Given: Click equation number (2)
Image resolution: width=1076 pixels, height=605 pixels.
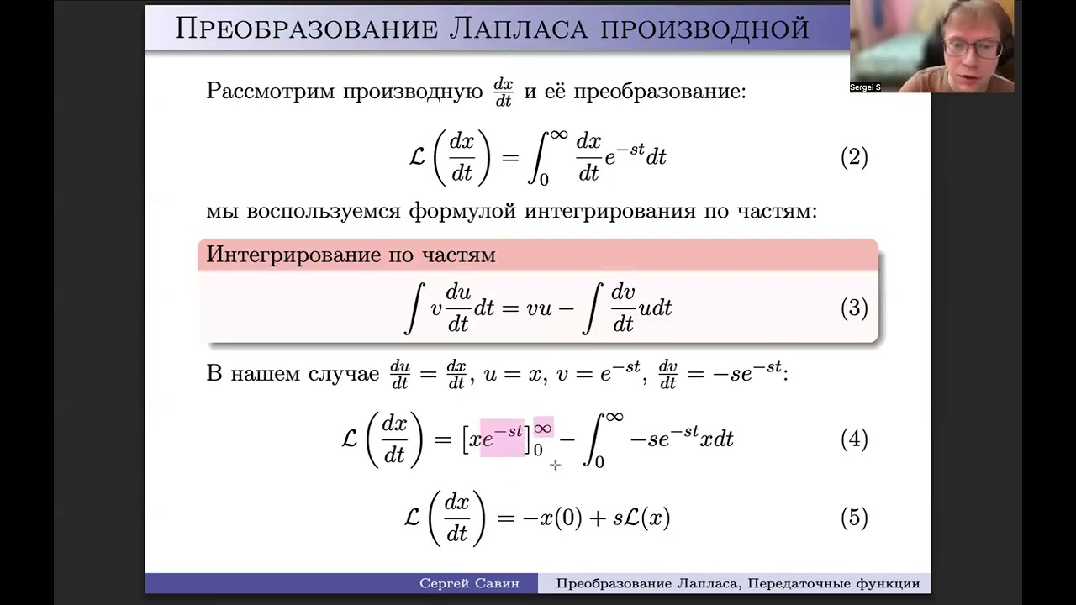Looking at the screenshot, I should pos(854,157).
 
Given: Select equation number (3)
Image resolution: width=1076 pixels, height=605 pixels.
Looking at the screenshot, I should pos(854,308).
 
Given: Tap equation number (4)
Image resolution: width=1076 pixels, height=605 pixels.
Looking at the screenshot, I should pos(854,439).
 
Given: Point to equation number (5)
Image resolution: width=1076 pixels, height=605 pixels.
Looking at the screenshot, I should pos(854,518).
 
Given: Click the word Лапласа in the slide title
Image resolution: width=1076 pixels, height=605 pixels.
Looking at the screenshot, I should pos(521,29).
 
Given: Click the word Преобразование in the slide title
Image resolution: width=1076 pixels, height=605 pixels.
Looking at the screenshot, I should pos(306,29).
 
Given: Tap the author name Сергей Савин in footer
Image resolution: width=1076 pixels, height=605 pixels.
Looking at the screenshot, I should pos(469,583).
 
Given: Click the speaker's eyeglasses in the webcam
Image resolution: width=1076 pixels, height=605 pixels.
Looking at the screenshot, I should pos(970,47).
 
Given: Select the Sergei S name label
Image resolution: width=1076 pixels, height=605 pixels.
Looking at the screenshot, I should pos(865,87).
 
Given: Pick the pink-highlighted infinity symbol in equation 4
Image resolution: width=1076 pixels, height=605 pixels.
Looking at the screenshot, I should pos(543,429).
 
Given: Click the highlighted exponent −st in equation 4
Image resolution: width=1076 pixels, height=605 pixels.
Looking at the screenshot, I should pos(509,431).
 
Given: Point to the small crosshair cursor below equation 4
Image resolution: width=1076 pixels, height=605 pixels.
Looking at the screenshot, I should pos(555,465).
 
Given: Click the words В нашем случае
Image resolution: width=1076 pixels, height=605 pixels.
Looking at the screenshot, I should pos(293,373).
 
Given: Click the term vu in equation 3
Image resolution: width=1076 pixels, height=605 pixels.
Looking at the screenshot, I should pos(539,308).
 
